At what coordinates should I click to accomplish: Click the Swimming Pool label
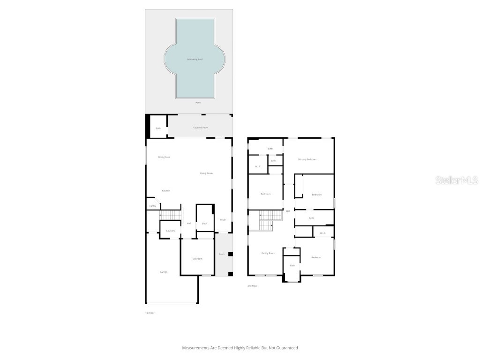click(x=195, y=60)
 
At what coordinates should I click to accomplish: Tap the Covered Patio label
click(x=200, y=127)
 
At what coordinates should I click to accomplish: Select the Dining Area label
click(x=164, y=157)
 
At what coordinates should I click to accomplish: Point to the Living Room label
click(x=206, y=173)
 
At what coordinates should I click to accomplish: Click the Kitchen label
click(x=166, y=191)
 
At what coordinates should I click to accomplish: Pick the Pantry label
click(x=152, y=206)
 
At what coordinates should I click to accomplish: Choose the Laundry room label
click(x=171, y=231)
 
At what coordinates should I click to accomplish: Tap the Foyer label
click(x=223, y=220)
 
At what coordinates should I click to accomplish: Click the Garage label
click(x=164, y=272)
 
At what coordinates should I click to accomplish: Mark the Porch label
click(x=221, y=255)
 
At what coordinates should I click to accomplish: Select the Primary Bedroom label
click(x=307, y=159)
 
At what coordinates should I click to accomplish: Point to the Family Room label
click(x=268, y=253)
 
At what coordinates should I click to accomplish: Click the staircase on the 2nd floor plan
click(x=267, y=220)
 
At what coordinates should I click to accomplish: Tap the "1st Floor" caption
click(x=150, y=313)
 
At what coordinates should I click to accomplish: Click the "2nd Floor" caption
click(x=252, y=285)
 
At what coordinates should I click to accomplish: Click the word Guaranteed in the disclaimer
click(x=286, y=348)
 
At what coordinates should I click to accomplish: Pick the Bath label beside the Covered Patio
click(x=158, y=128)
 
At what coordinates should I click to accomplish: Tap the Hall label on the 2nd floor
click(x=288, y=211)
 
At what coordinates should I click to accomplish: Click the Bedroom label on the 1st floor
click(x=197, y=259)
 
